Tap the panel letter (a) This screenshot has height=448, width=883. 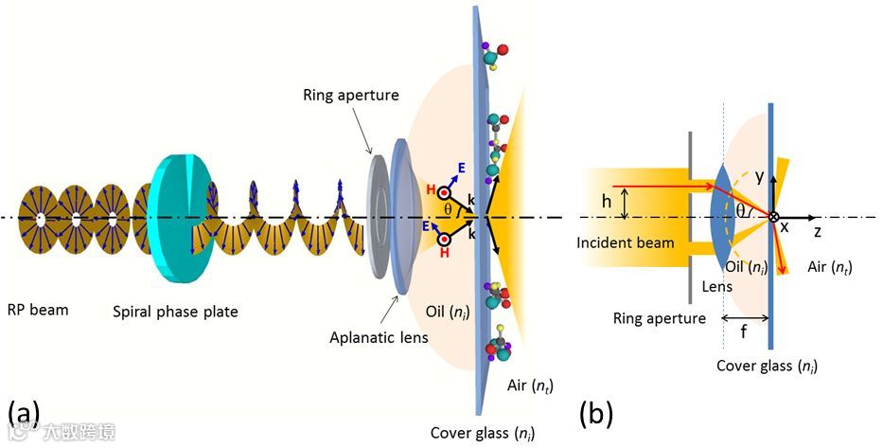pos(24,413)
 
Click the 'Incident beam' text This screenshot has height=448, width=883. pos(626,242)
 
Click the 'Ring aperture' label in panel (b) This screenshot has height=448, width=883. pos(659,318)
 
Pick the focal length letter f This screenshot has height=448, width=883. pos(745,332)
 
